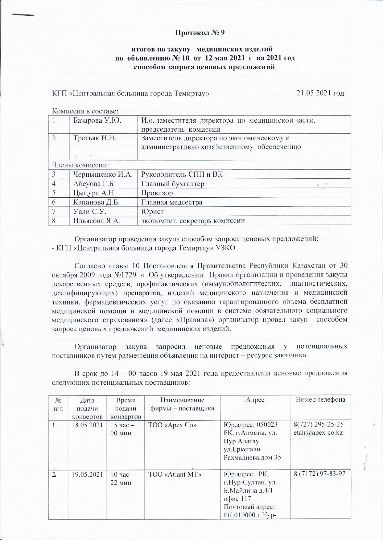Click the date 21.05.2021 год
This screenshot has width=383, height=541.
click(320, 93)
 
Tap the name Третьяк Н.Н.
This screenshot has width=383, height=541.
click(94, 138)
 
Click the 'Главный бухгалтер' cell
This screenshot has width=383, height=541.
click(173, 184)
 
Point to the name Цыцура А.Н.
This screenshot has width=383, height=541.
click(93, 193)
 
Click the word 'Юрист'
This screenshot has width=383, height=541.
click(152, 212)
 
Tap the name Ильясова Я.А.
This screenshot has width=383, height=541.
click(97, 221)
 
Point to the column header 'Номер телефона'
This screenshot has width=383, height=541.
click(320, 400)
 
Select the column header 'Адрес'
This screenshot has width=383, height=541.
click(255, 400)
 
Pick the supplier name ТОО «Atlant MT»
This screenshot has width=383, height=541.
click(175, 474)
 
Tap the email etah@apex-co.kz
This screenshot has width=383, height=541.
click(318, 433)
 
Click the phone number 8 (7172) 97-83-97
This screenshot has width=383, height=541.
click(319, 474)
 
